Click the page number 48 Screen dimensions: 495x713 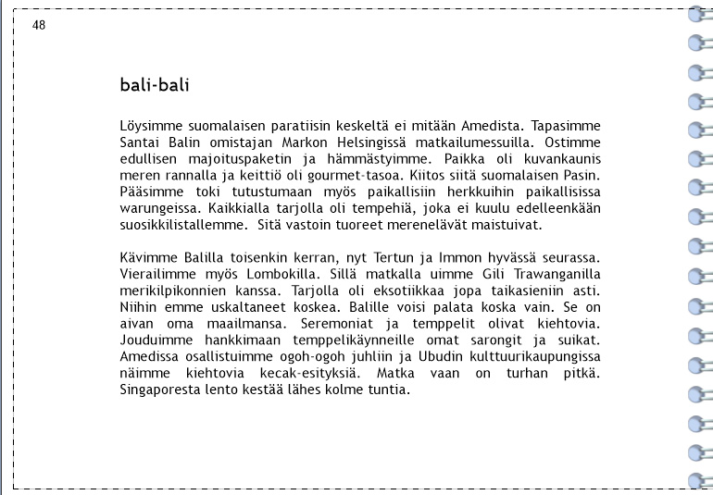pos(39,25)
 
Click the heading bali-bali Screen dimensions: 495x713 pos(155,86)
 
